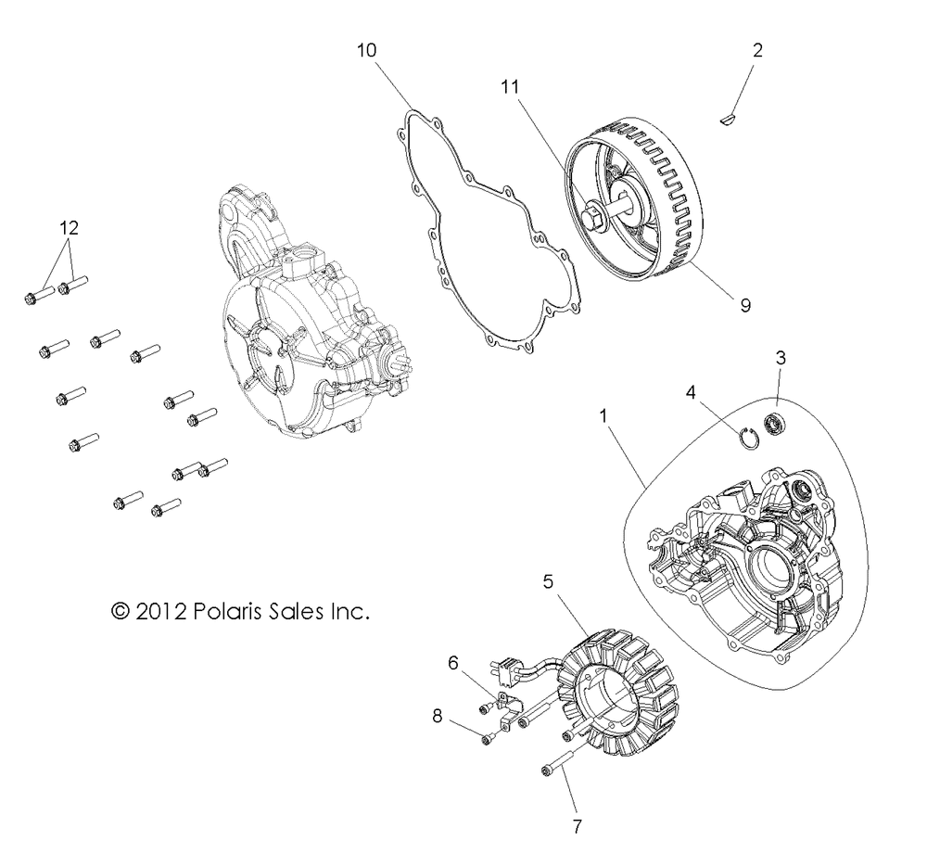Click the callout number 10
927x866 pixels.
[x=367, y=50]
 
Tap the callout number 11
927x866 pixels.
[x=511, y=88]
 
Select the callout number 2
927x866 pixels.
[x=757, y=50]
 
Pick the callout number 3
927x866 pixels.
[x=781, y=357]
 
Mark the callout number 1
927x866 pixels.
[x=604, y=417]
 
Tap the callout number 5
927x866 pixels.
[x=548, y=582]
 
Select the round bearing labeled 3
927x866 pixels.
[x=774, y=426]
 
